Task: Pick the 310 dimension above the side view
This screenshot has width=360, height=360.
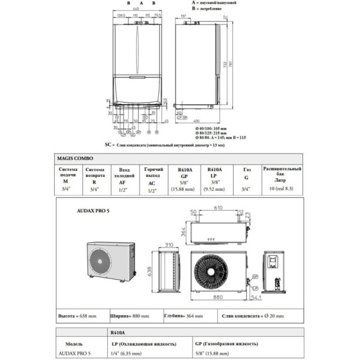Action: click(169, 245)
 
